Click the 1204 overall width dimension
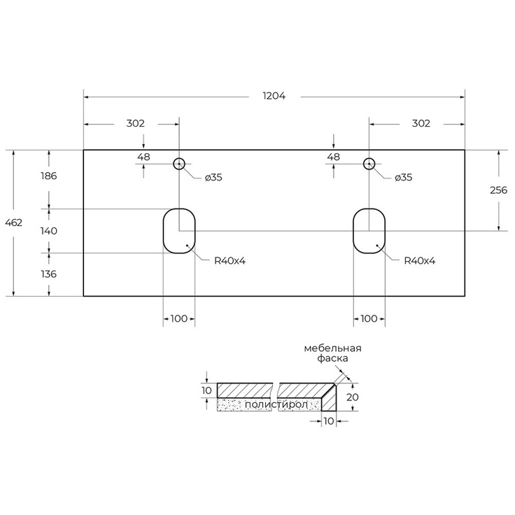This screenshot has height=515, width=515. (x=274, y=96)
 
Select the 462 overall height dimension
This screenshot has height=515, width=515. (x=14, y=223)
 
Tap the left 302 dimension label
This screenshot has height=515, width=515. (x=135, y=123)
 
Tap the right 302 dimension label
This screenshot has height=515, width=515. (x=421, y=123)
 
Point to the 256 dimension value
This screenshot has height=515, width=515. (x=498, y=190)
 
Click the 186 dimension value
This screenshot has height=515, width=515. (x=48, y=176)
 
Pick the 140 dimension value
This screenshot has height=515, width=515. (x=48, y=231)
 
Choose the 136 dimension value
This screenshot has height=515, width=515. (x=48, y=274)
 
